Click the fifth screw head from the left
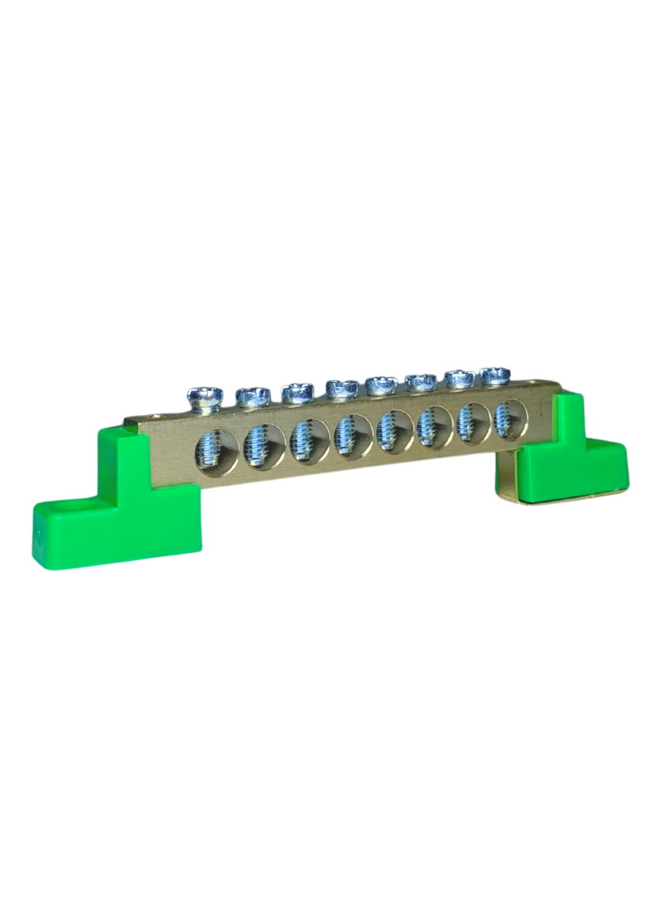tap(381, 383)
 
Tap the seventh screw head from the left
tap(458, 378)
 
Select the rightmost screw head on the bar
tap(495, 374)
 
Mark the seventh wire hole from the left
tap(470, 418)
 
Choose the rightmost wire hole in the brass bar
tap(506, 413)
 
